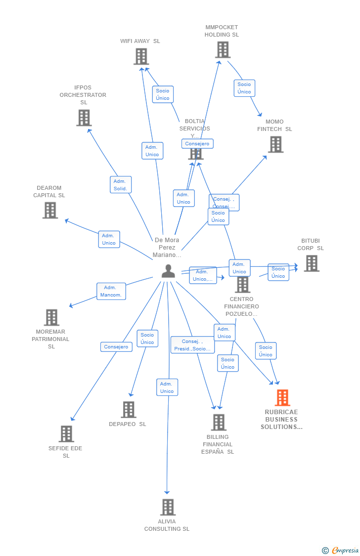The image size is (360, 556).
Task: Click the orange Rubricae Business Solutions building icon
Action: point(282,397)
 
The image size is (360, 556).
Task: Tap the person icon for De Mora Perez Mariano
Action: point(168,271)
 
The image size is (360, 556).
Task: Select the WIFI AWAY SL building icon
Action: point(141,56)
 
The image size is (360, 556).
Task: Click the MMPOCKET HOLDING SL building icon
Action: point(223,49)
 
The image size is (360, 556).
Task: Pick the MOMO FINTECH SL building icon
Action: point(275,144)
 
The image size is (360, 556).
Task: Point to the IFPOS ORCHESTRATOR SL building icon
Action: point(84,118)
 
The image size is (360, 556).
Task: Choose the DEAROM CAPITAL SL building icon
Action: point(50,210)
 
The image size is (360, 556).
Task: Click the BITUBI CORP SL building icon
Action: point(312,263)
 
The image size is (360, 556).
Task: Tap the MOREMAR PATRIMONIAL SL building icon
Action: point(51,317)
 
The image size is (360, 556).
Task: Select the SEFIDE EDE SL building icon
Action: point(66,433)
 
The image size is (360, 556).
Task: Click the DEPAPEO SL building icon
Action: point(129,409)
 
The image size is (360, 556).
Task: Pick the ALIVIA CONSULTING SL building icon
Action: point(168,507)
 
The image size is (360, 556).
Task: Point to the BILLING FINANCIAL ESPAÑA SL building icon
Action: point(219,422)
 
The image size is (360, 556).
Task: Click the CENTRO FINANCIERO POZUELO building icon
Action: point(242,285)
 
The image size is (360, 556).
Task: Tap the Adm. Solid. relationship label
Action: point(121,185)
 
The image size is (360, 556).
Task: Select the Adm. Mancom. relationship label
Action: point(111,291)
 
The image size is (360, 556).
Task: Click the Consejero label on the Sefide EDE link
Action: point(116,347)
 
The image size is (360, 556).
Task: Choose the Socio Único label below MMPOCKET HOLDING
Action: point(244,88)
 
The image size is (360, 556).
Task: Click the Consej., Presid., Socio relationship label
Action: point(192,345)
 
